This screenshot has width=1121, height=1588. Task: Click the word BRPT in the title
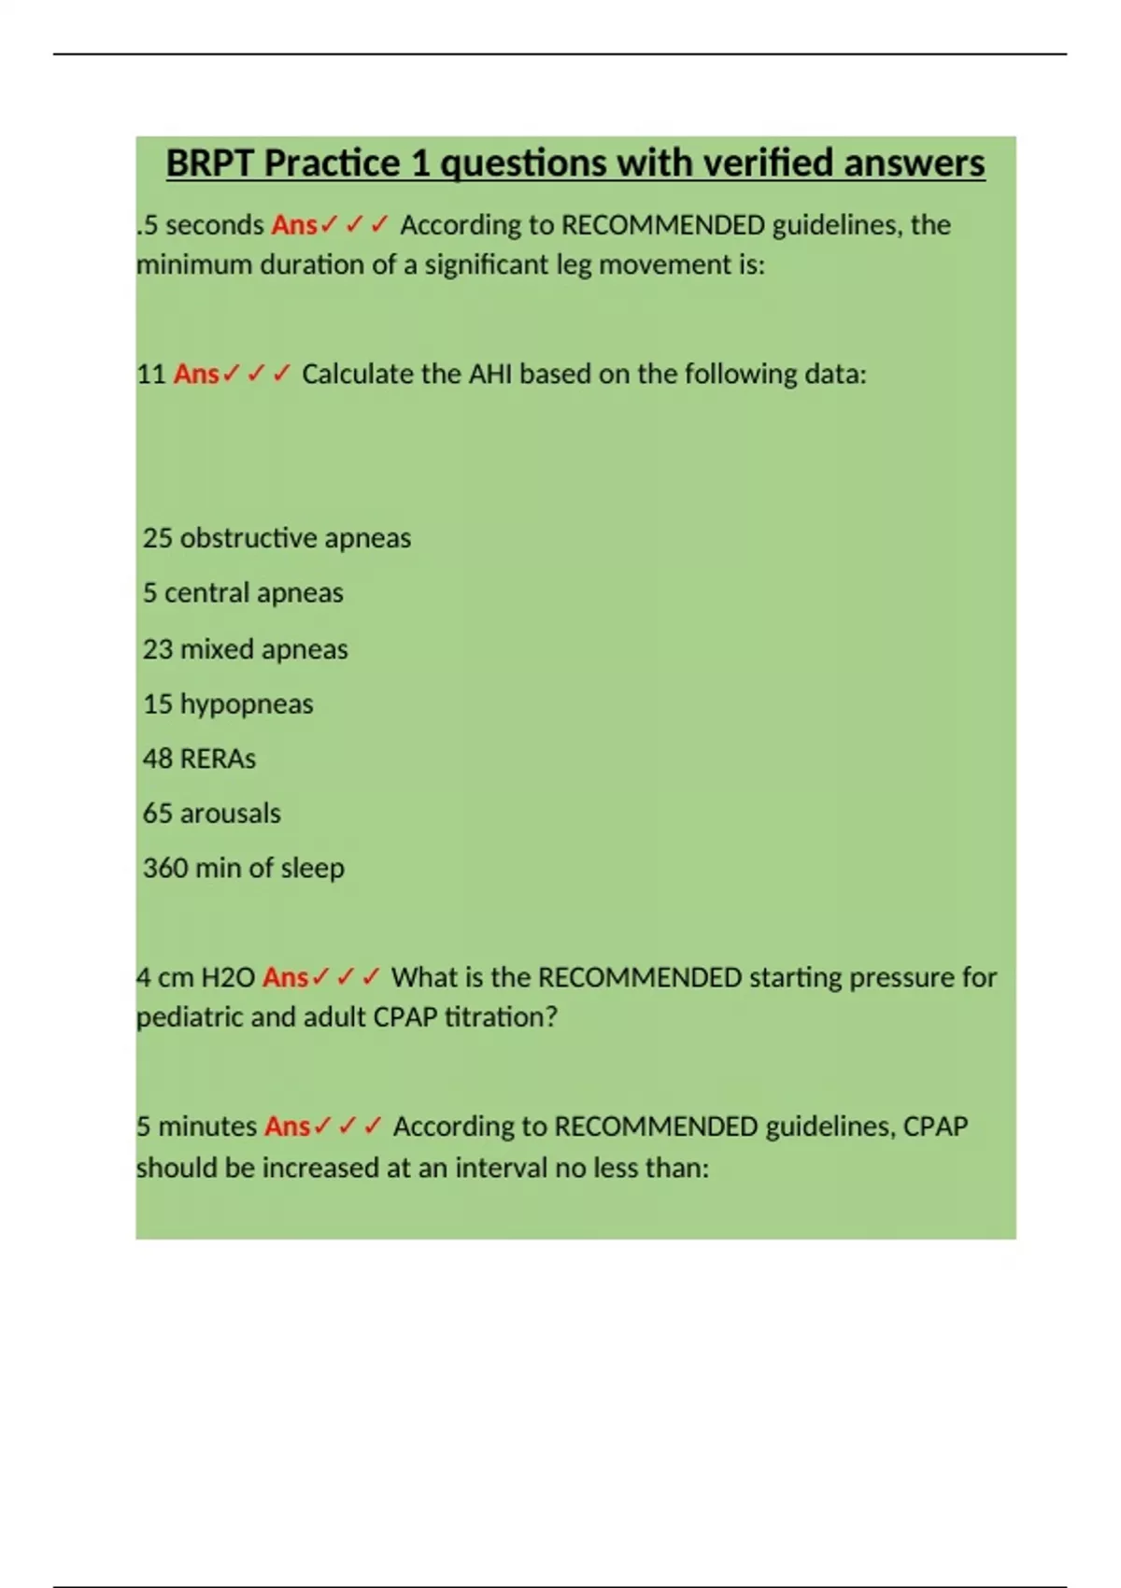(211, 163)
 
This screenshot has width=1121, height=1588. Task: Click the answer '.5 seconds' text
(201, 225)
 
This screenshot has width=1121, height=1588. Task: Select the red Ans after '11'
(196, 374)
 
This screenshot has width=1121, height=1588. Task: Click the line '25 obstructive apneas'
(277, 538)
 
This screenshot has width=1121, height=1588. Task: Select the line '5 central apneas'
(243, 593)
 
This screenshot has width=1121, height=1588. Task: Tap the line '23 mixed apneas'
(245, 649)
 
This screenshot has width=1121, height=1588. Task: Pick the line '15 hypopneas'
(228, 703)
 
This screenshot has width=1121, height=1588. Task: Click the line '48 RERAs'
(199, 759)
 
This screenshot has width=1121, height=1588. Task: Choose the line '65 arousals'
(211, 814)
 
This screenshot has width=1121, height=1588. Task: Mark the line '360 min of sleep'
(243, 868)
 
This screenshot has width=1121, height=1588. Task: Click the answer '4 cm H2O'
(195, 978)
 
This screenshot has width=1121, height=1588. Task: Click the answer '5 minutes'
(196, 1127)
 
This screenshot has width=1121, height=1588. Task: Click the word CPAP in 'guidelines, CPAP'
(935, 1127)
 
